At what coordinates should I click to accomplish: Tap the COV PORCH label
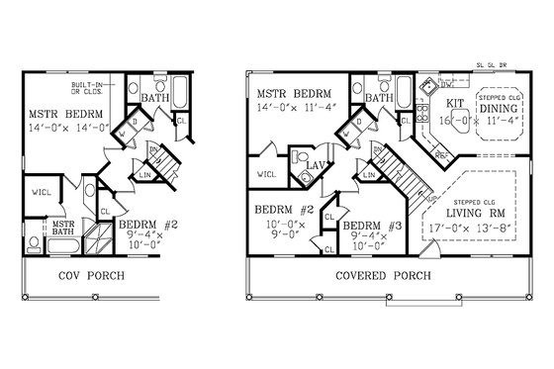pyautogui.click(x=90, y=275)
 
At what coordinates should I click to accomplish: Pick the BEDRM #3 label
pyautogui.click(x=373, y=226)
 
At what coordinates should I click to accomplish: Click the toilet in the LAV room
pyautogui.click(x=300, y=158)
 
